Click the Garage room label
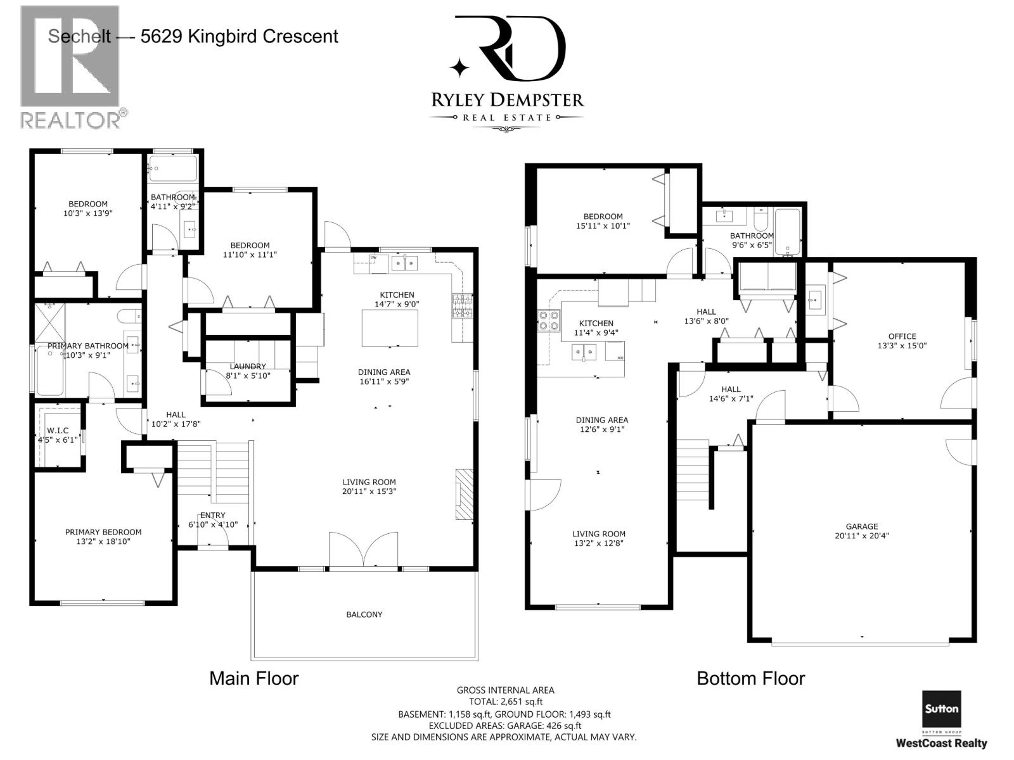pos(861,526)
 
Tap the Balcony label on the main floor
pos(364,614)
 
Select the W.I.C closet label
pos(58,431)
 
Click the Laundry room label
pos(248,367)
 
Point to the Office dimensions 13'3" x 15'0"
pos(902,346)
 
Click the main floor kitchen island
pos(389,328)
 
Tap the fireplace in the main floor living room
pos(465,494)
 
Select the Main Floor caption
pos(254,678)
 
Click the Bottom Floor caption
pos(751,678)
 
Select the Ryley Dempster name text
pos(507,99)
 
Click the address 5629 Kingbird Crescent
pos(240,37)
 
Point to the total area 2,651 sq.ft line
pos(505,702)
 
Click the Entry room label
pos(212,515)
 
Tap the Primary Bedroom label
pos(103,532)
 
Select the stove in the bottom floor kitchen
pos(548,320)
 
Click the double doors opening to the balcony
pos(363,550)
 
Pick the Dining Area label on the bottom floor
pos(601,420)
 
